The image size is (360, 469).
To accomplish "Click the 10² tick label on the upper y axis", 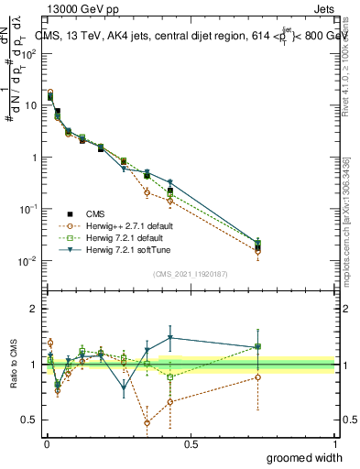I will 31,53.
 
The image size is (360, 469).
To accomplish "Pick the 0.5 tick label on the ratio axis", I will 30,421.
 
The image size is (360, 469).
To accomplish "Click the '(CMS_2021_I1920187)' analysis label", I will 191,274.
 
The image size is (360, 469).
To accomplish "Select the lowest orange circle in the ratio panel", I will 147,423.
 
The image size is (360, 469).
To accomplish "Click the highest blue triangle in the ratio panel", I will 170,337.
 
